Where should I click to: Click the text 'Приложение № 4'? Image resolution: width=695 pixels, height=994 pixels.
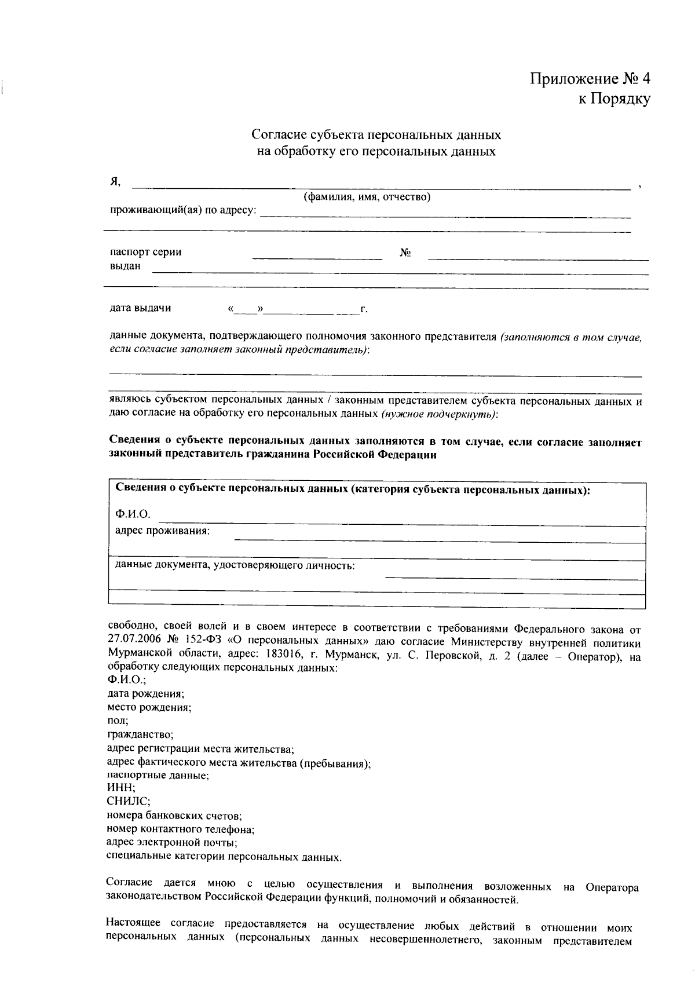click(590, 79)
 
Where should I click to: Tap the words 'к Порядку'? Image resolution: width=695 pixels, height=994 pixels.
click(614, 100)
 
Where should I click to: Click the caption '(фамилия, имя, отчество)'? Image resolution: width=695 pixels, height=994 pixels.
click(367, 197)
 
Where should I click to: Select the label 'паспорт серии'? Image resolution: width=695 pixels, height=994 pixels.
click(145, 252)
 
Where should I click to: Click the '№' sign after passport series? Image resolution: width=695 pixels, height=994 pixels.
click(405, 253)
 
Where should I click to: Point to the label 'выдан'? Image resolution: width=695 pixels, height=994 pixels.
click(125, 266)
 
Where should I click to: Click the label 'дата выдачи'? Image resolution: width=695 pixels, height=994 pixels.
click(140, 308)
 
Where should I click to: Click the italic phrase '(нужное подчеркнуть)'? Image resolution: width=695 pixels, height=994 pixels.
click(439, 414)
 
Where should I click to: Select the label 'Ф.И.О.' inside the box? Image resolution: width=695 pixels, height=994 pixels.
click(133, 514)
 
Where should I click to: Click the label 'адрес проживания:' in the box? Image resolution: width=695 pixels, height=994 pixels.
click(162, 531)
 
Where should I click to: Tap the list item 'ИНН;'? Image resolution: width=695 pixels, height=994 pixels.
click(121, 788)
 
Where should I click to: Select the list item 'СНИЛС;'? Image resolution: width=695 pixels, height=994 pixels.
click(129, 802)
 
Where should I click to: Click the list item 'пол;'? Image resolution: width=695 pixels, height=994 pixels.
click(118, 721)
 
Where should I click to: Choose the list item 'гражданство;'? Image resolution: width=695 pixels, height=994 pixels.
click(140, 734)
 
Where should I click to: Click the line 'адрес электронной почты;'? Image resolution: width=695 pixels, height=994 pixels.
click(172, 842)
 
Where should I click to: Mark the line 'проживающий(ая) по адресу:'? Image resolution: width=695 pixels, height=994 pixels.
click(183, 210)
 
